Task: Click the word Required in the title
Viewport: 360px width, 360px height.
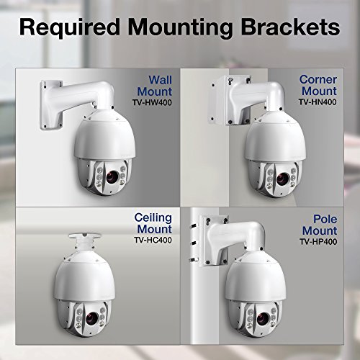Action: pos(69,27)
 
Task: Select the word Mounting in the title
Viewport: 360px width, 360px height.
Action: pos(180,28)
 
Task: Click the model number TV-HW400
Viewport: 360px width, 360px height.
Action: pos(152,102)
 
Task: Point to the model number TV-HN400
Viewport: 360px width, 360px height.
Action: pos(318,102)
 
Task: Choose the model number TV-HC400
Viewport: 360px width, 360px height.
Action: pos(153,240)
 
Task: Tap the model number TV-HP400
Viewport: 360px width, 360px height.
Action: pos(318,241)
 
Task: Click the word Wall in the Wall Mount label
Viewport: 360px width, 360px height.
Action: pos(160,80)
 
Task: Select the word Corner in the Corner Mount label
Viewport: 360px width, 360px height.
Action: pos(318,79)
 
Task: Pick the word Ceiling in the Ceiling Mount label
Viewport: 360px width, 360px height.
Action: pos(153,218)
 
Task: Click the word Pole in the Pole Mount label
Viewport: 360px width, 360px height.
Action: pos(325,219)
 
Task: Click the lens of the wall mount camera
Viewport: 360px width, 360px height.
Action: pos(112,177)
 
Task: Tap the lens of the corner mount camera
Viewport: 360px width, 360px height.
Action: pos(282,179)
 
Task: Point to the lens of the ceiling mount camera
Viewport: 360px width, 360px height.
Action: pos(91,318)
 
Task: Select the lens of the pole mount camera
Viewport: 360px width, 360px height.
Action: pos(263,319)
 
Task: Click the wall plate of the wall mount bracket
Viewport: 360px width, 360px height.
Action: pos(51,105)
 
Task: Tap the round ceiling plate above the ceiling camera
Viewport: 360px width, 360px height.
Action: pos(84,236)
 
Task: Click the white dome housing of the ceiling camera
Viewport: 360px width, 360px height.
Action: pos(84,281)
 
